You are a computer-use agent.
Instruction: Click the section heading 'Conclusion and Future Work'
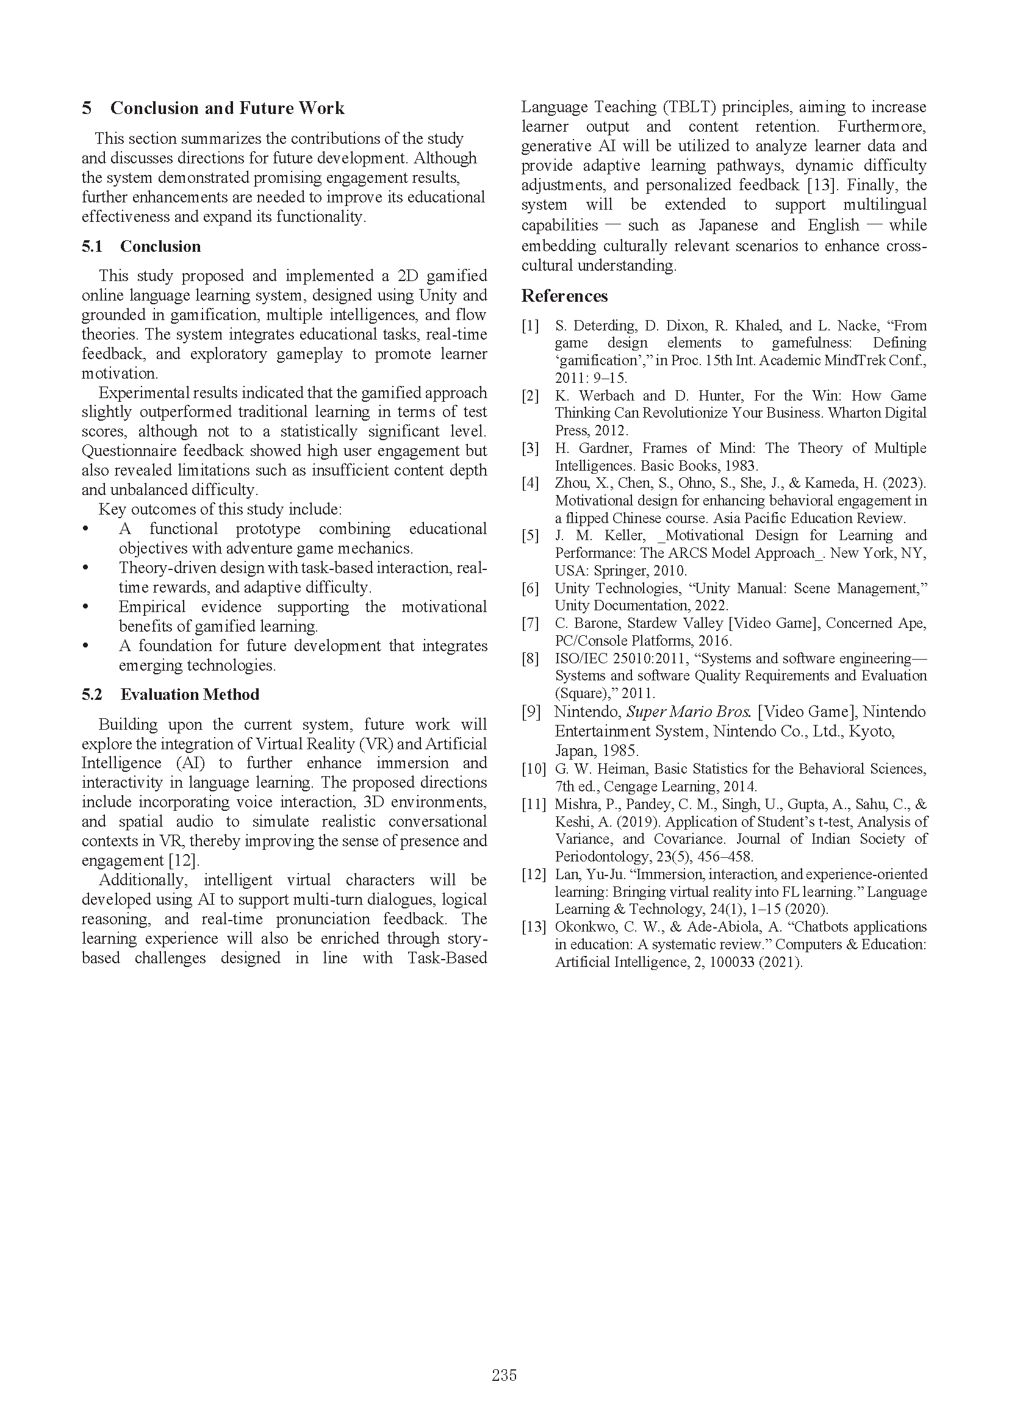(x=227, y=108)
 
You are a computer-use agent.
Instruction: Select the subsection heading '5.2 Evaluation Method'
(x=170, y=694)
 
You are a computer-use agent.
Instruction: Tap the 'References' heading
(x=564, y=296)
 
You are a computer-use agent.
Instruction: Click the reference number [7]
(x=530, y=623)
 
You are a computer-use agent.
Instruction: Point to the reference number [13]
(x=534, y=927)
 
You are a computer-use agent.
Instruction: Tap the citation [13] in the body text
(x=819, y=185)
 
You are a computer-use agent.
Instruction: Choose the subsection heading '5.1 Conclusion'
(x=141, y=246)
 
